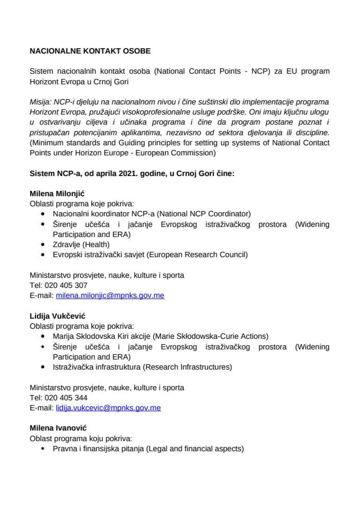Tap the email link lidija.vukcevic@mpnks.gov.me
click(108, 408)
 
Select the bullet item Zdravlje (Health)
click(81, 244)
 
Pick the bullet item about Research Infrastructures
click(142, 367)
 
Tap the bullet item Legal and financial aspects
click(148, 449)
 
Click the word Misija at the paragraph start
click(40, 102)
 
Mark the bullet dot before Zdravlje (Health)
click(43, 245)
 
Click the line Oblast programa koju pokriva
click(81, 438)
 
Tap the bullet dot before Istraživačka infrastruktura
click(43, 367)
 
